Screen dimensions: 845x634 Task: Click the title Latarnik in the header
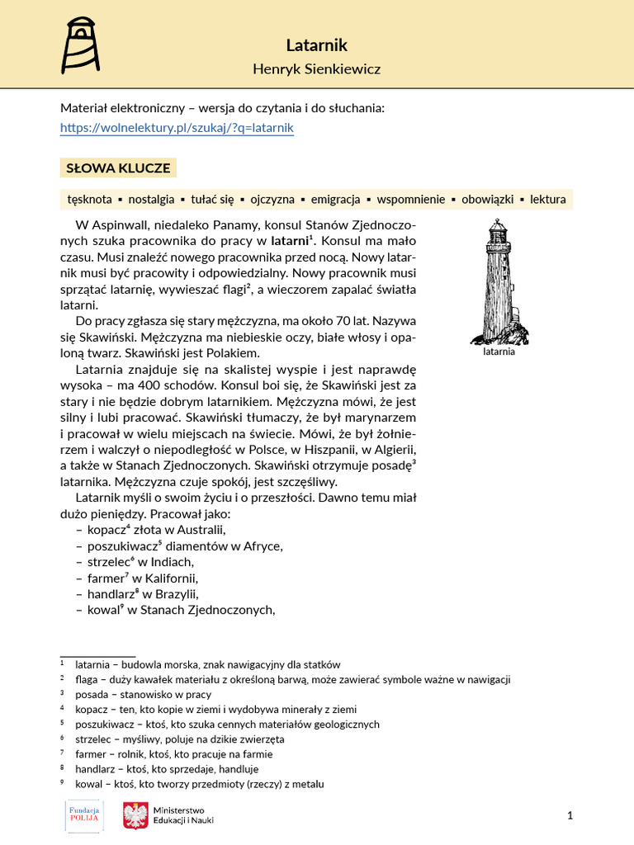tap(316, 45)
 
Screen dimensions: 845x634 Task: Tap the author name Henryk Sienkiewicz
tap(316, 69)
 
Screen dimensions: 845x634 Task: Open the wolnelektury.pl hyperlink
tap(177, 128)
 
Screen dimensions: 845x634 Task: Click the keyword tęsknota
tap(90, 199)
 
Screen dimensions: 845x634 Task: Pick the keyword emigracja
tap(335, 199)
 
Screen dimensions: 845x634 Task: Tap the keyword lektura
tap(547, 199)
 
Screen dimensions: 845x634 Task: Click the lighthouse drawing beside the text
tap(499, 281)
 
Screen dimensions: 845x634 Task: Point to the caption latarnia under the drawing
tap(499, 351)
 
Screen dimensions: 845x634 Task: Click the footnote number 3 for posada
tap(62, 694)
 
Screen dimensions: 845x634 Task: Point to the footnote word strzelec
tap(94, 739)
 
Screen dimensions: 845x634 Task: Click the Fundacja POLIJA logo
tap(83, 816)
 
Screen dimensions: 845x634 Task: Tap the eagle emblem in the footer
tap(135, 816)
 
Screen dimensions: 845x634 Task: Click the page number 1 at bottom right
tap(570, 816)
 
